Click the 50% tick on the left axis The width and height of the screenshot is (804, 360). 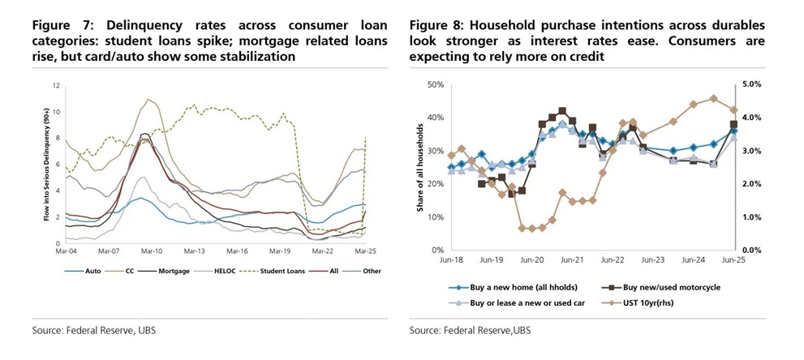(435, 84)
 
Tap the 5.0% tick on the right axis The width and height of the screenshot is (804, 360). (750, 84)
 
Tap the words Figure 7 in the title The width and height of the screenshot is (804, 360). (55, 25)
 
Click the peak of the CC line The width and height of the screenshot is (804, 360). (148, 100)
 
